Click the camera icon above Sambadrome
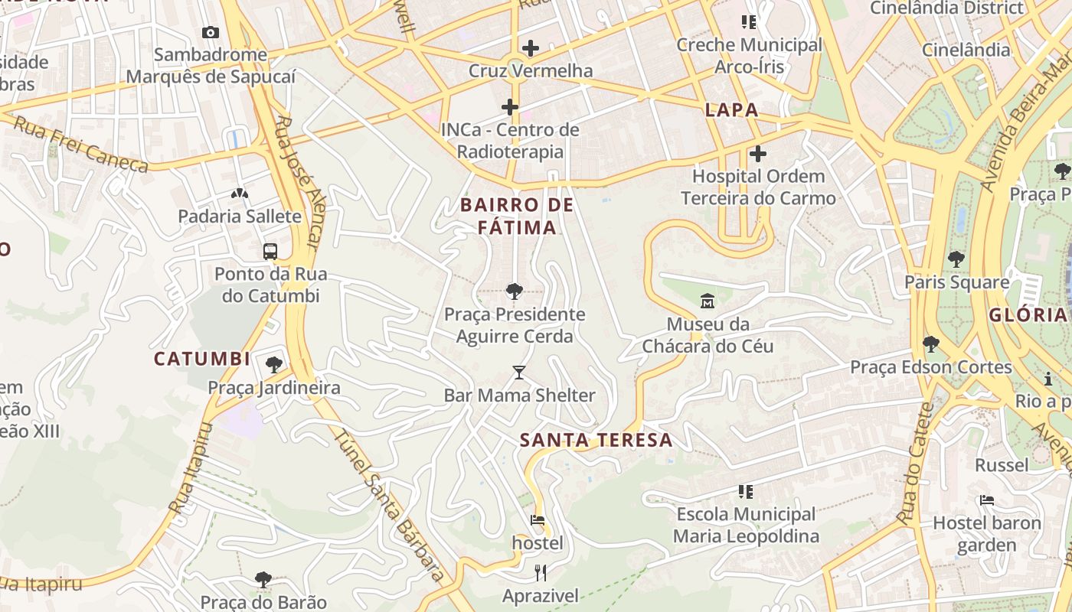click(x=210, y=32)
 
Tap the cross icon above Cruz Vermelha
click(x=530, y=48)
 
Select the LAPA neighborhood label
click(x=731, y=109)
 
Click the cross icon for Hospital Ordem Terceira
click(x=757, y=154)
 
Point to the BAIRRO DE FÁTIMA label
click(x=517, y=216)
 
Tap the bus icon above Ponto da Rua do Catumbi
click(x=270, y=251)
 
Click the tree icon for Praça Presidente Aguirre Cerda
click(x=514, y=291)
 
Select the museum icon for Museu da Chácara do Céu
click(x=707, y=301)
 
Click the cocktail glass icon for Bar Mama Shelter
click(x=519, y=373)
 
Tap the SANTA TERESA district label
click(x=596, y=440)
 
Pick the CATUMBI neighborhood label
click(x=202, y=359)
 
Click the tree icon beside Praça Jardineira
click(x=273, y=365)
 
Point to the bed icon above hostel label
click(x=538, y=520)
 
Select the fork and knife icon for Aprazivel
click(x=541, y=573)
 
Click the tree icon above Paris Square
click(x=956, y=259)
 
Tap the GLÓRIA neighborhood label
click(x=1027, y=314)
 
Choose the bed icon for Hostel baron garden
click(x=987, y=500)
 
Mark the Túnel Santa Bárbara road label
click(x=390, y=505)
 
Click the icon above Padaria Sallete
click(x=240, y=194)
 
